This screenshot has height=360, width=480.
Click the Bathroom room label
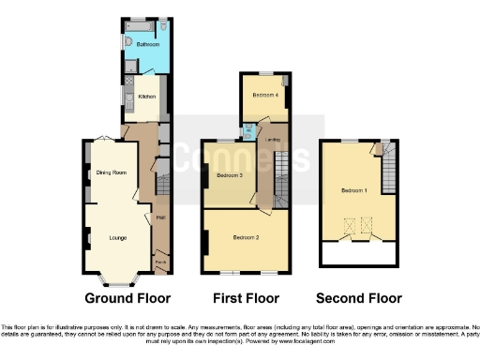(x=146, y=44)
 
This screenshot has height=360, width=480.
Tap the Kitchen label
(x=147, y=96)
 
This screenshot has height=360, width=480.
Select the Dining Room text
(x=111, y=172)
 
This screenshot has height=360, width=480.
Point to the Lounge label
(x=118, y=237)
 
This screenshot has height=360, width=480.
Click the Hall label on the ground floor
(x=160, y=219)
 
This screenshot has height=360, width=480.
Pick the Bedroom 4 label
(x=265, y=95)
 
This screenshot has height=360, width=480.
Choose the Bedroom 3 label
(x=230, y=175)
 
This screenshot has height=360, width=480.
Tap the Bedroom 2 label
(x=245, y=238)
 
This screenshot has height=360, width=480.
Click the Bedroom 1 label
(x=353, y=190)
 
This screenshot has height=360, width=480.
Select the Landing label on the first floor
(x=274, y=141)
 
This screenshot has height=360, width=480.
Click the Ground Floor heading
(x=127, y=299)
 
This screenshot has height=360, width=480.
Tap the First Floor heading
(x=247, y=299)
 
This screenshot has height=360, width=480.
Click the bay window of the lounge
(x=117, y=279)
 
